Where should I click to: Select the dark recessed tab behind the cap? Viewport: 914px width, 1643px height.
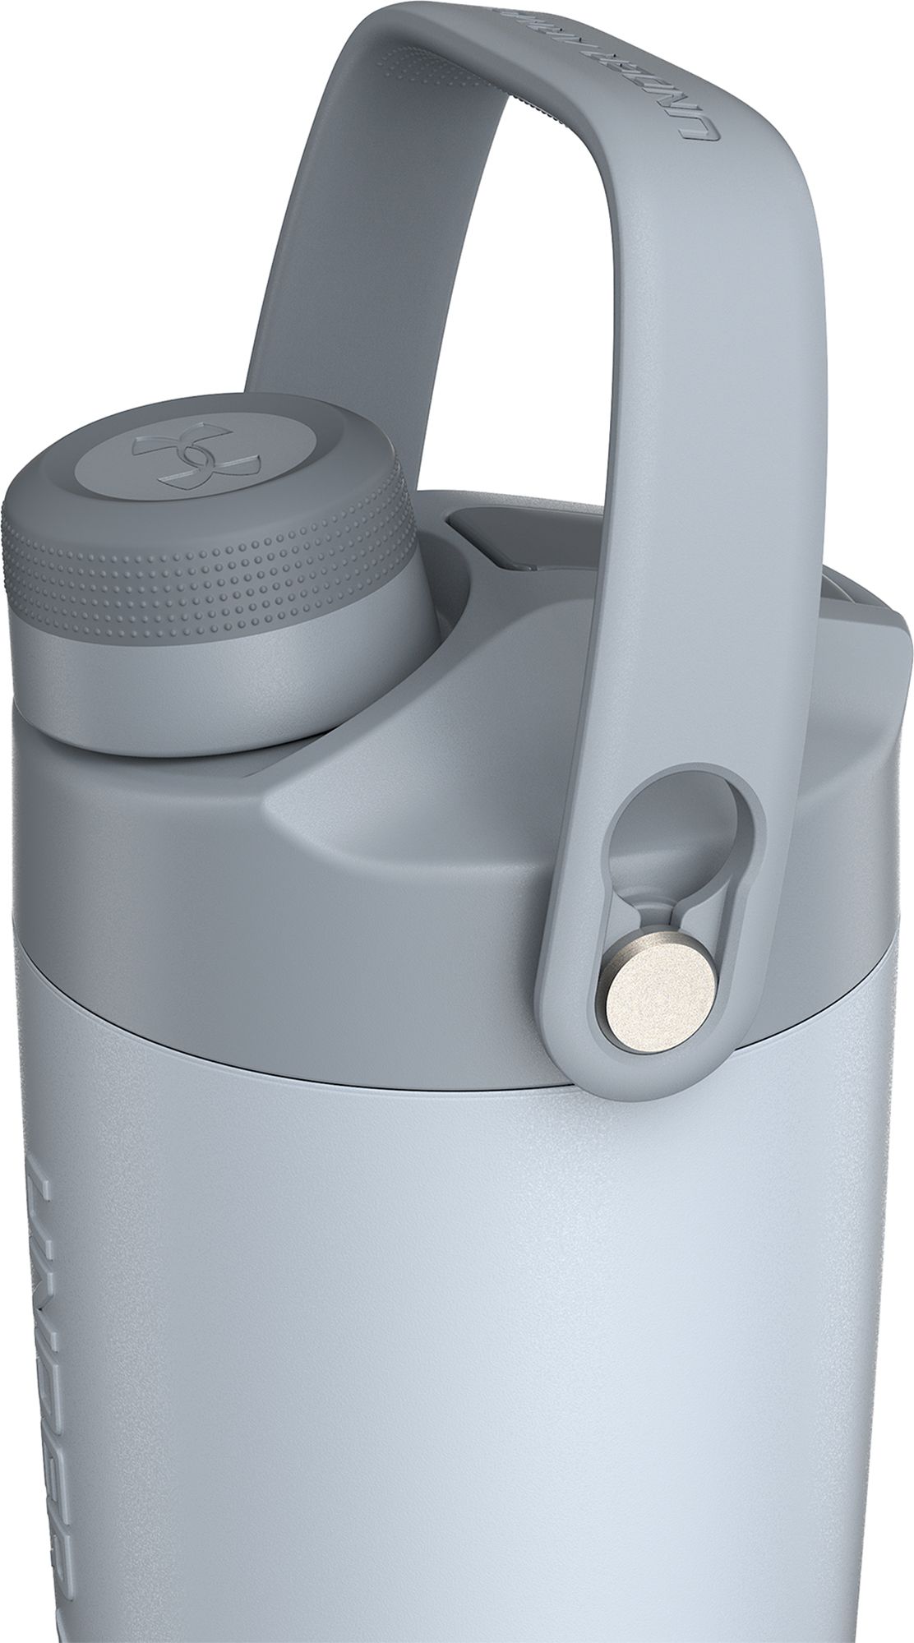[x=485, y=534]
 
